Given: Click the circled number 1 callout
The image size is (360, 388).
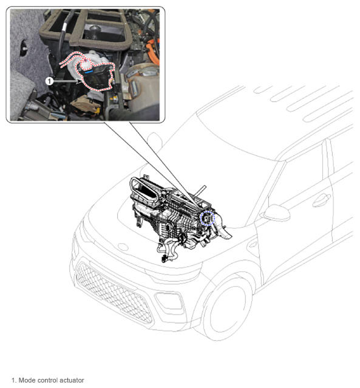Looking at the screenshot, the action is (x=50, y=81).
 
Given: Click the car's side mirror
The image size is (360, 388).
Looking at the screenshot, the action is (x=276, y=213).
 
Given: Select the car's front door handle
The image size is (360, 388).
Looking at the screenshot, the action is (x=321, y=200).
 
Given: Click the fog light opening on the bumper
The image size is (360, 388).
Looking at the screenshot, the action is (x=169, y=301).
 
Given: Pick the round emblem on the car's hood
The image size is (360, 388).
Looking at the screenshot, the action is (x=123, y=247).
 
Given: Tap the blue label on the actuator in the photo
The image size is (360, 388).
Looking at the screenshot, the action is (x=88, y=72).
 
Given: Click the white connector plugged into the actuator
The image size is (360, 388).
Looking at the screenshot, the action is (x=86, y=64).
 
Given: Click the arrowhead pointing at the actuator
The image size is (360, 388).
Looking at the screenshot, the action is (x=79, y=81).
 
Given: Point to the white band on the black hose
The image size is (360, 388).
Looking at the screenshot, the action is (x=64, y=27).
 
